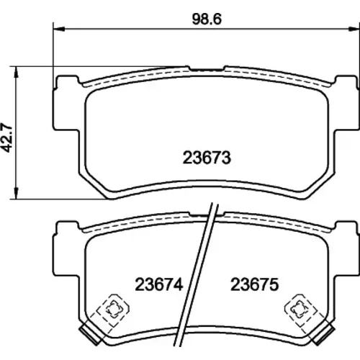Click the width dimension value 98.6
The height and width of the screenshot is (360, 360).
(207, 19)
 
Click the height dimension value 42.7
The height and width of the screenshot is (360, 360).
(6, 138)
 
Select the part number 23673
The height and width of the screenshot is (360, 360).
(207, 158)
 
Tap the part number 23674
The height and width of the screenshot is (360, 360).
(159, 284)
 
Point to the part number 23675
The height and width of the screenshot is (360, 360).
(255, 284)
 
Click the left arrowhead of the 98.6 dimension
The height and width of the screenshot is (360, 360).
(59, 29)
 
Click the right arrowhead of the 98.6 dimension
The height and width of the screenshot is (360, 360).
(354, 29)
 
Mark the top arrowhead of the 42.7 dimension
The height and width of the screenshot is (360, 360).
(16, 72)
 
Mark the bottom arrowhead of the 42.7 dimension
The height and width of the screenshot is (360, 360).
(16, 193)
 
